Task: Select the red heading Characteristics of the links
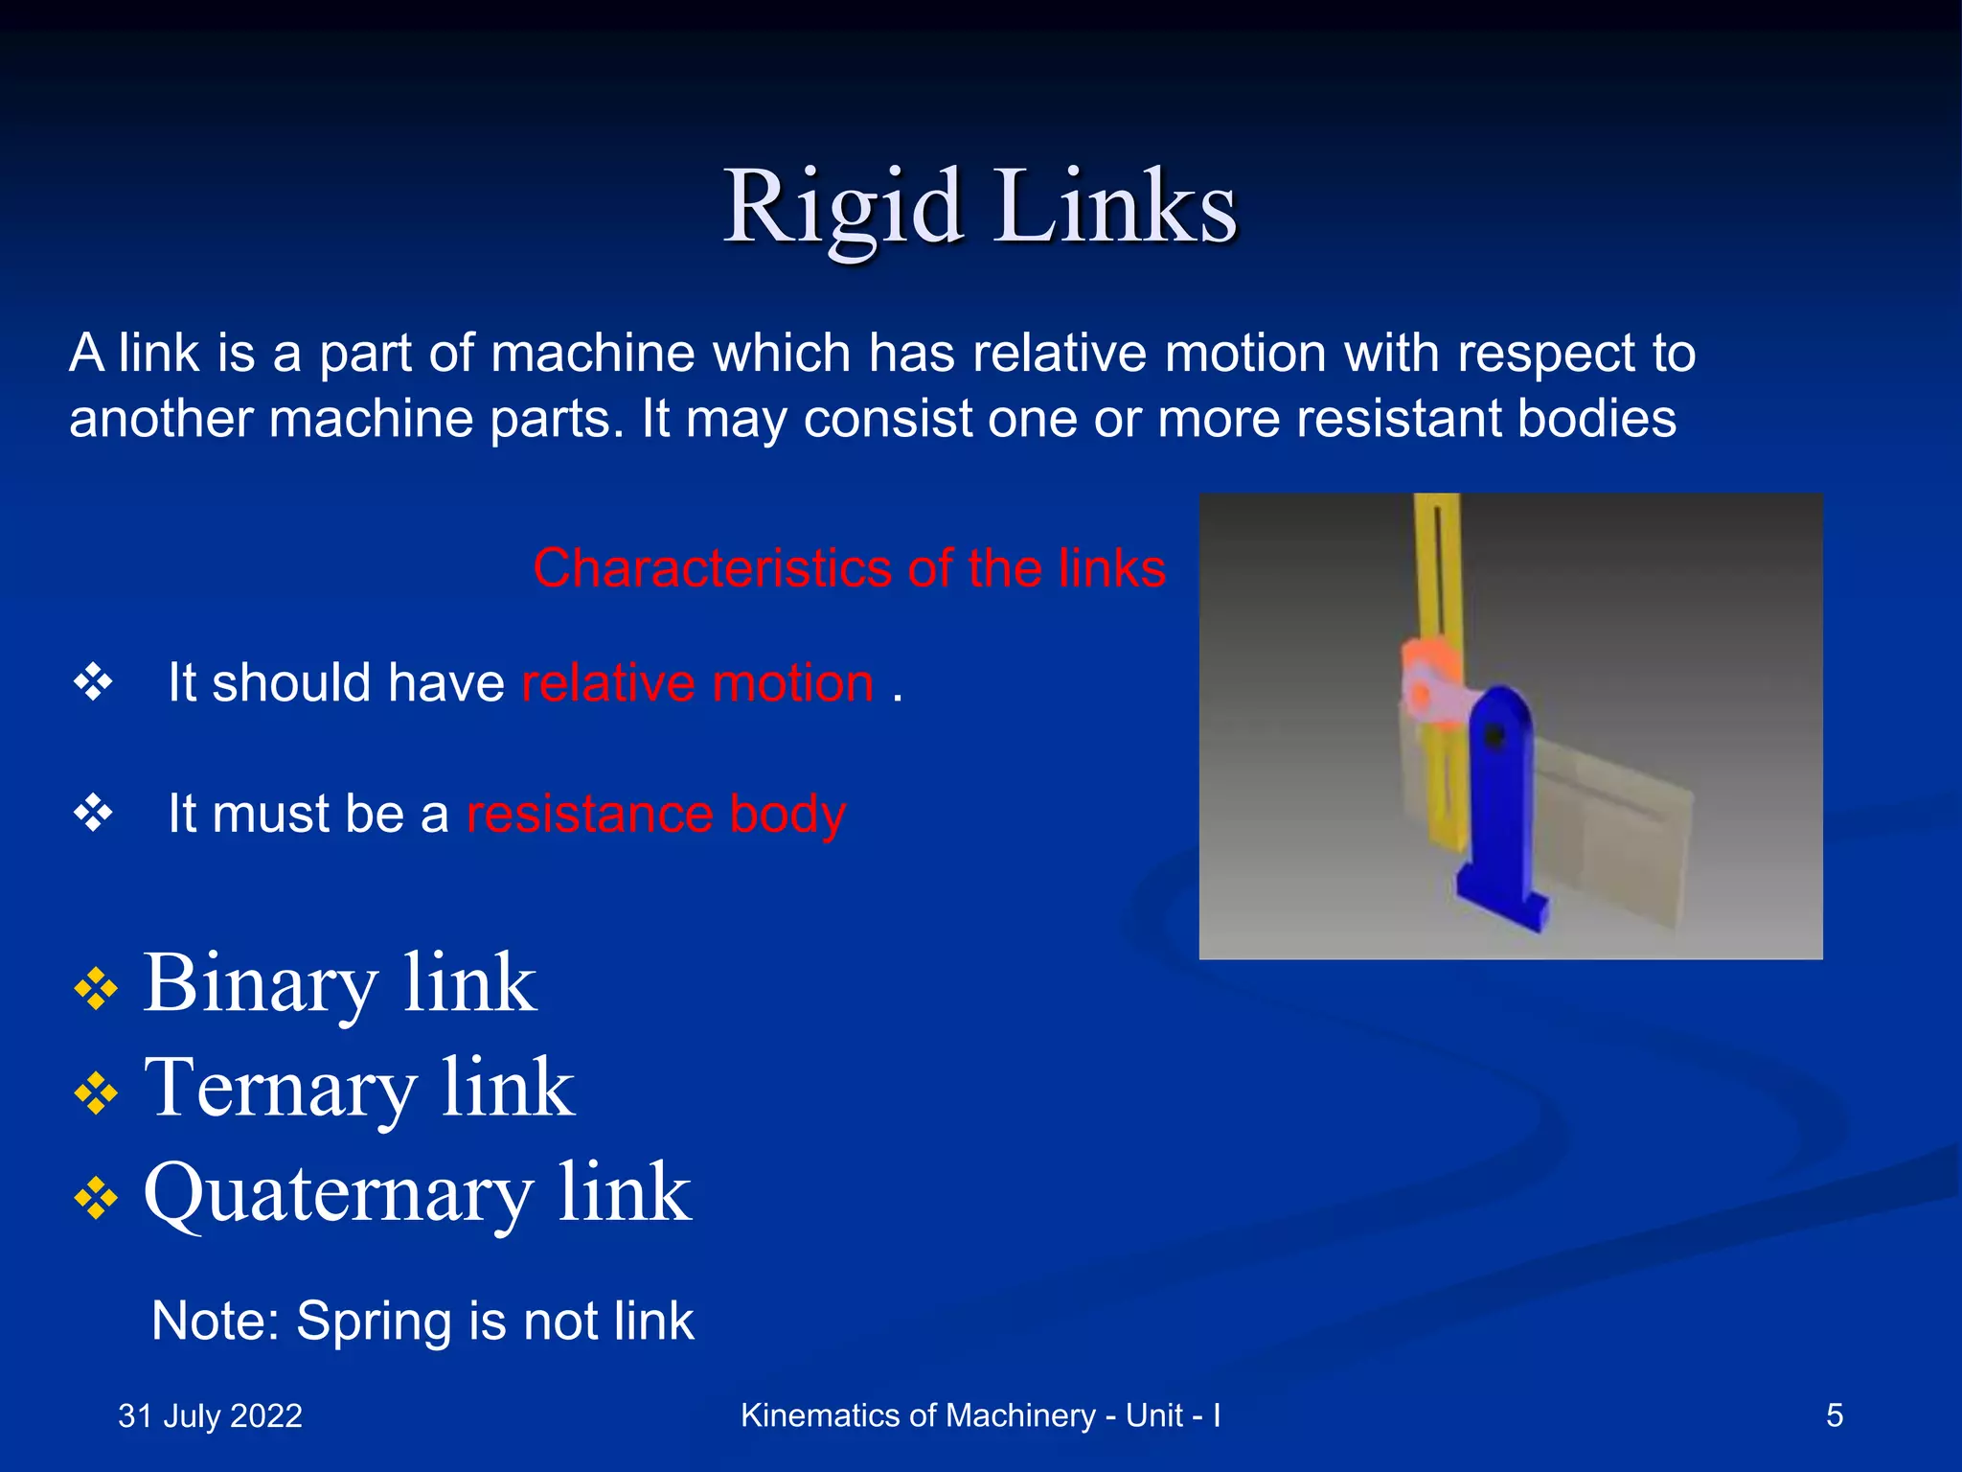click(x=849, y=568)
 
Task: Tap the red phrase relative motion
click(x=697, y=683)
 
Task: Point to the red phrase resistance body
click(x=655, y=814)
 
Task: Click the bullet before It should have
click(x=94, y=682)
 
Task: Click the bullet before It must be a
click(x=94, y=813)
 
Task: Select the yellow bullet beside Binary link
click(x=96, y=988)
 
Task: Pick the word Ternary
click(x=281, y=1089)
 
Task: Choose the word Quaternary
click(x=337, y=1194)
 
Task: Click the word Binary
click(x=260, y=984)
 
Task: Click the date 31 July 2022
click(x=210, y=1415)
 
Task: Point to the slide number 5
click(x=1834, y=1415)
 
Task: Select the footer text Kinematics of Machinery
click(x=917, y=1415)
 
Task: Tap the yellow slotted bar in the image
click(x=1437, y=575)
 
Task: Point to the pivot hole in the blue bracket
click(x=1494, y=737)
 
